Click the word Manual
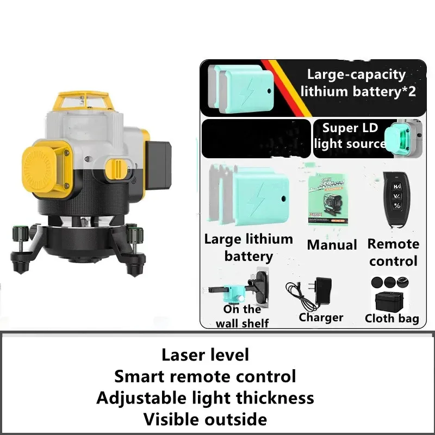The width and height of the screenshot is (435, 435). (x=332, y=245)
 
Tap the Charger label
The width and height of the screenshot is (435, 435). (x=321, y=318)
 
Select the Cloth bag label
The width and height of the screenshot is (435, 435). (x=391, y=319)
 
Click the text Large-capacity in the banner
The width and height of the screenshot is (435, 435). (x=356, y=74)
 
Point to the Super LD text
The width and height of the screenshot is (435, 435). (x=348, y=128)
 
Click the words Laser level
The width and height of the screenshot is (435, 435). (x=205, y=355)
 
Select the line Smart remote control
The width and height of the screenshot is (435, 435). (x=205, y=376)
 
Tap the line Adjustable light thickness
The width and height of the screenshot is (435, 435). (x=205, y=398)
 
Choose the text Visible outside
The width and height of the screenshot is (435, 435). (x=205, y=419)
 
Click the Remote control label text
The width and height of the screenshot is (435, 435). (x=393, y=252)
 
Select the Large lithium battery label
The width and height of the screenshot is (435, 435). (x=248, y=247)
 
